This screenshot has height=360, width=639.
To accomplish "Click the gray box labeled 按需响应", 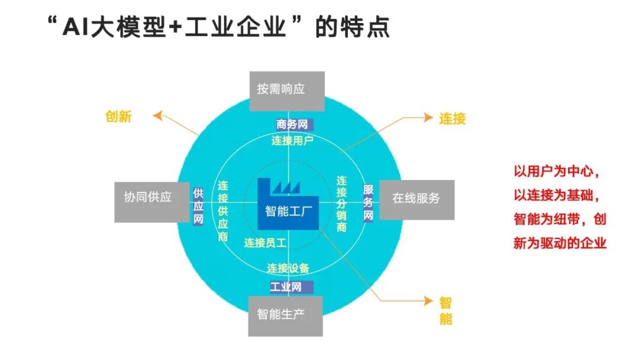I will coord(286,91).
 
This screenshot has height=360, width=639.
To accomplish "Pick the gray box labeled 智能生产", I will coord(285,314).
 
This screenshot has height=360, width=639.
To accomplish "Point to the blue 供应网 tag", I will coord(198,205).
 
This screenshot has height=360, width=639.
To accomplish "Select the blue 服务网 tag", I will coord(368,202).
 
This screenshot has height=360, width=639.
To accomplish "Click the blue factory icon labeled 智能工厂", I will coord(288,204).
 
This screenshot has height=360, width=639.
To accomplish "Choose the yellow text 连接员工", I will coord(265,243).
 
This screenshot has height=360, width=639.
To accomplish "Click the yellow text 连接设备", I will coord(288,268).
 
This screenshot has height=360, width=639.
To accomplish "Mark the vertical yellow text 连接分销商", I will coord(341,204).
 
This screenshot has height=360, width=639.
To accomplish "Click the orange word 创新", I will coord(118,117).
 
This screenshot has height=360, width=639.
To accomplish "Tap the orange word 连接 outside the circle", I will coord(452,118).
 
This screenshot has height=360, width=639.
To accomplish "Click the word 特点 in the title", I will coord(369,27).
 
